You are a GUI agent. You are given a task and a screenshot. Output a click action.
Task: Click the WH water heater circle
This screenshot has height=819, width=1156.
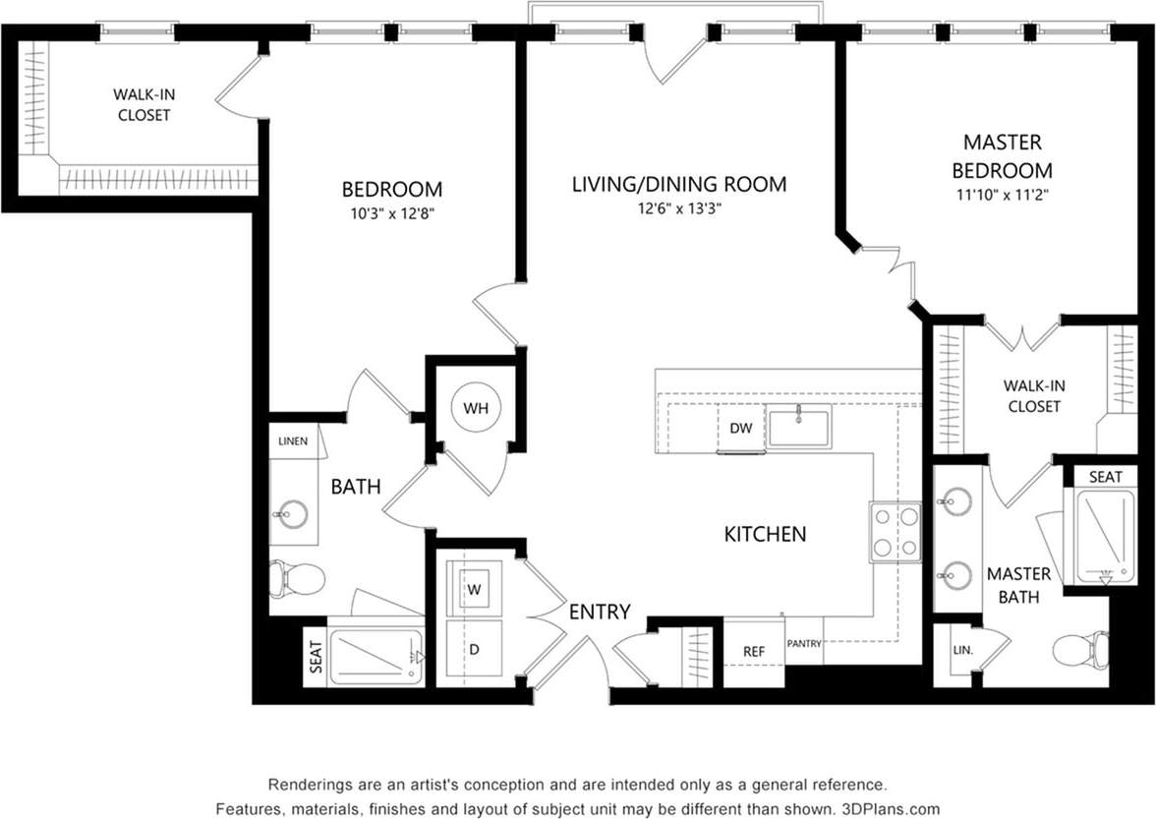[476, 408]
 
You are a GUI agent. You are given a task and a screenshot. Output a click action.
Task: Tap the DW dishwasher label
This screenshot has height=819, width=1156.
[740, 428]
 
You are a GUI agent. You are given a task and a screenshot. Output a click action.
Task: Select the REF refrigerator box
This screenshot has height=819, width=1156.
[754, 651]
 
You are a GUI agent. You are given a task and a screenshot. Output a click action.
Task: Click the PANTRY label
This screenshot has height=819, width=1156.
[803, 644]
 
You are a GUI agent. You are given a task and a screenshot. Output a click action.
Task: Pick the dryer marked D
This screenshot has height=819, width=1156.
[473, 649]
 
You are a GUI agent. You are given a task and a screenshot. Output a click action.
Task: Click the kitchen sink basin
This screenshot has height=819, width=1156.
[799, 428]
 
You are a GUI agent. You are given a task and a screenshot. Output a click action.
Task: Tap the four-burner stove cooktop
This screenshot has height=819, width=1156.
[895, 532]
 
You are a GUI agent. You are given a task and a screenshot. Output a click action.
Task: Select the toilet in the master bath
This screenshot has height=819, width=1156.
[1077, 650]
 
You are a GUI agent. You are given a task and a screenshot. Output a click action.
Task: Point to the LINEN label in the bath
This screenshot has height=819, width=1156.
[292, 441]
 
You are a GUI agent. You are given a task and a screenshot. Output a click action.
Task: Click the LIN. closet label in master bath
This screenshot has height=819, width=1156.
[962, 650]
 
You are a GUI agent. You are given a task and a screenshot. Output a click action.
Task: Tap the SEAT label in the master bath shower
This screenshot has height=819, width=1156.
[1105, 477]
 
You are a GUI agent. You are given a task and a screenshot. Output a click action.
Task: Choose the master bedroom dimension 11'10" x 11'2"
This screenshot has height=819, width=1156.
[1002, 195]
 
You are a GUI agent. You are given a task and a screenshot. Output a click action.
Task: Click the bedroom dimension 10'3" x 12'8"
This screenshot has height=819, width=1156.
[391, 212]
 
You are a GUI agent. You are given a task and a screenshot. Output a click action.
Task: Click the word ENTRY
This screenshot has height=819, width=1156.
[600, 612]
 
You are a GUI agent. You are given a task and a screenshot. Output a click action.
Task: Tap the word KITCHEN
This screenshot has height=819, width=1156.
[765, 534]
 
